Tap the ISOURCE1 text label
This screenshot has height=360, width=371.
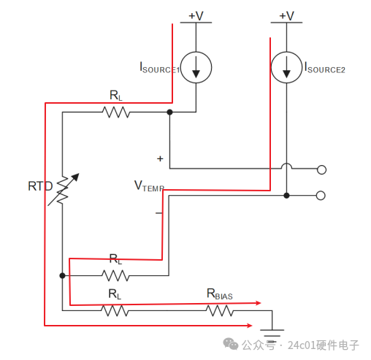click(159, 67)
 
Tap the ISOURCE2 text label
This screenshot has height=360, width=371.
click(325, 67)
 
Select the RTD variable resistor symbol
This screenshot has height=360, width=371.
click(63, 190)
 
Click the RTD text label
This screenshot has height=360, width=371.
click(40, 186)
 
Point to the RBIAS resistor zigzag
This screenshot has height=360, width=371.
click(220, 310)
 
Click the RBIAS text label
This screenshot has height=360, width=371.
click(220, 294)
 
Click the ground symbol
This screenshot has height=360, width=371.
click(272, 333)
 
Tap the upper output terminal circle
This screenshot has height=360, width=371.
click(321, 169)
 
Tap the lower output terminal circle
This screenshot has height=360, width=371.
click(321, 196)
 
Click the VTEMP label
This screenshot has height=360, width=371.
click(149, 186)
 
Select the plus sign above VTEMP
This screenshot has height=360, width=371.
click(160, 158)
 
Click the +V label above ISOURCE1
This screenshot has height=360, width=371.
click(196, 16)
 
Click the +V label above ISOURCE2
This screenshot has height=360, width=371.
click(286, 16)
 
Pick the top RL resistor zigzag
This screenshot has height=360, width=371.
click(116, 112)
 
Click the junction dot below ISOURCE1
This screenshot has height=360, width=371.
click(169, 112)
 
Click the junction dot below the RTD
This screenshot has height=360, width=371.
click(62, 275)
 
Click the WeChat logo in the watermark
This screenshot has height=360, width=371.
click(231, 344)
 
